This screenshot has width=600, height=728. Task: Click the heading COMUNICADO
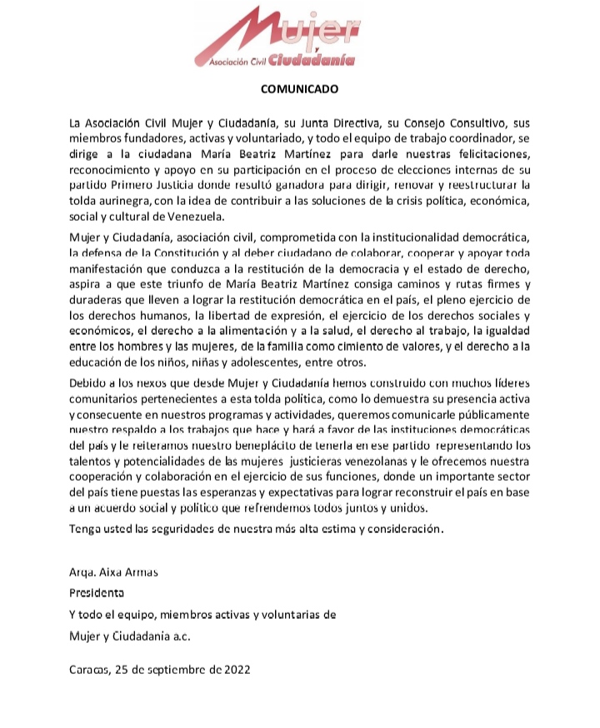point(299,87)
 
